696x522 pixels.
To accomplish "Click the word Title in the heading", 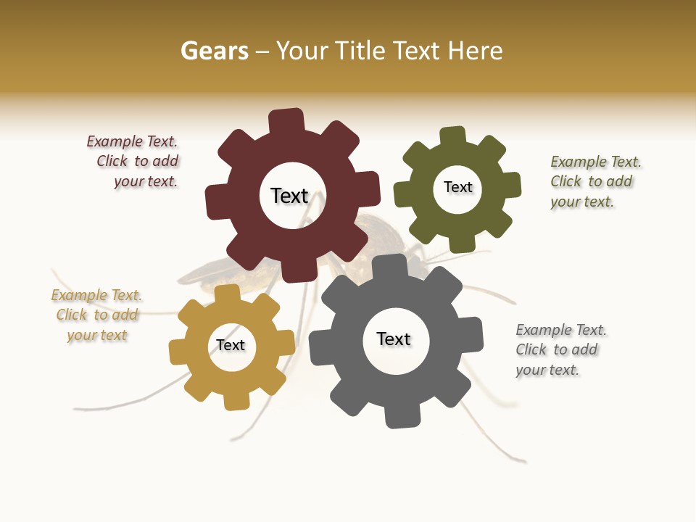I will (x=358, y=51).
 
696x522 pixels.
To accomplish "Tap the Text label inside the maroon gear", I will (x=289, y=196).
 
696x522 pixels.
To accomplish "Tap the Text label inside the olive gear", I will (x=457, y=187).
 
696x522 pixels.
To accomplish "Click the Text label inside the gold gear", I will (x=231, y=345).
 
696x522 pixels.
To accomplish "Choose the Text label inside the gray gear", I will (x=394, y=339).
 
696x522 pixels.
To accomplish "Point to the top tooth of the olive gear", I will (x=453, y=136).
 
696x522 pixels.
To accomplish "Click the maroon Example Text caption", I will (x=135, y=162).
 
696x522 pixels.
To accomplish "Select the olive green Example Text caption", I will (x=594, y=182).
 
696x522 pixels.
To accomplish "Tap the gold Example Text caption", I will (x=96, y=315).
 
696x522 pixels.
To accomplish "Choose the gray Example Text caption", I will (x=560, y=350).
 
